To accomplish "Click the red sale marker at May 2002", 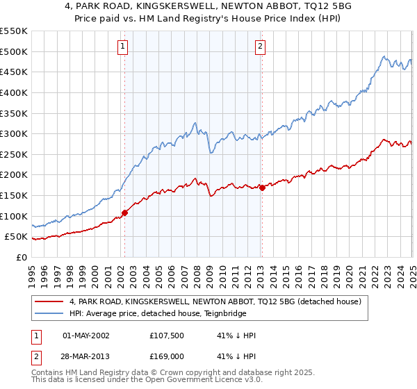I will click(x=125, y=213).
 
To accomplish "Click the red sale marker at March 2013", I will click(x=262, y=188).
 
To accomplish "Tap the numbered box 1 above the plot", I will click(x=122, y=47).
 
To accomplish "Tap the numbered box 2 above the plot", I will click(x=260, y=47).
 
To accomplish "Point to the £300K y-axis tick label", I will click(x=14, y=133).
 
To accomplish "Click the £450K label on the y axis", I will click(x=14, y=72).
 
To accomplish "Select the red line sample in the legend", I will click(x=49, y=302).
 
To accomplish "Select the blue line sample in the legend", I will click(x=49, y=314).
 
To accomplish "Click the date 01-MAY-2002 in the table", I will click(x=86, y=336).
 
